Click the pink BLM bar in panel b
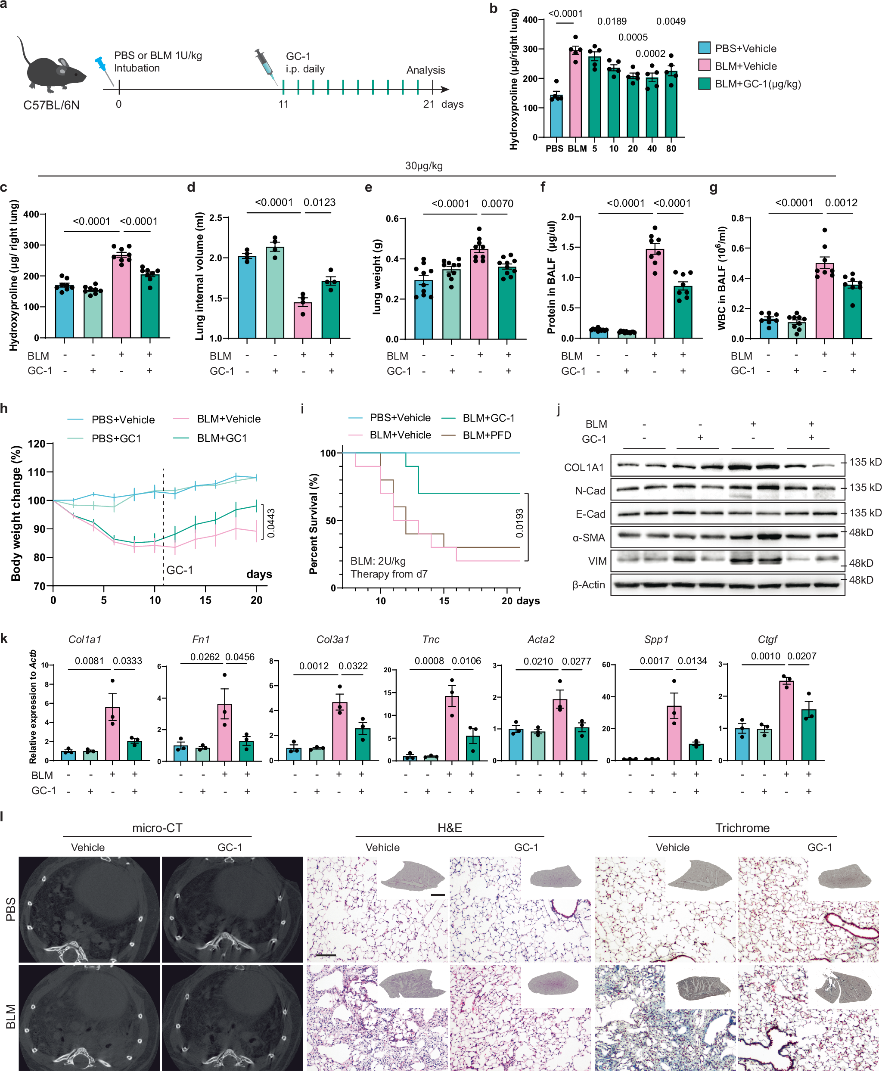pyautogui.click(x=575, y=94)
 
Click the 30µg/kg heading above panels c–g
pyautogui.click(x=424, y=166)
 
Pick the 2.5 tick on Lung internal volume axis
pyautogui.click(x=215, y=218)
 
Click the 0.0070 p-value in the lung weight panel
pyautogui.click(x=497, y=204)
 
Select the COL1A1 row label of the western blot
pyautogui.click(x=584, y=467)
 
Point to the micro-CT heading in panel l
pyautogui.click(x=157, y=828)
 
